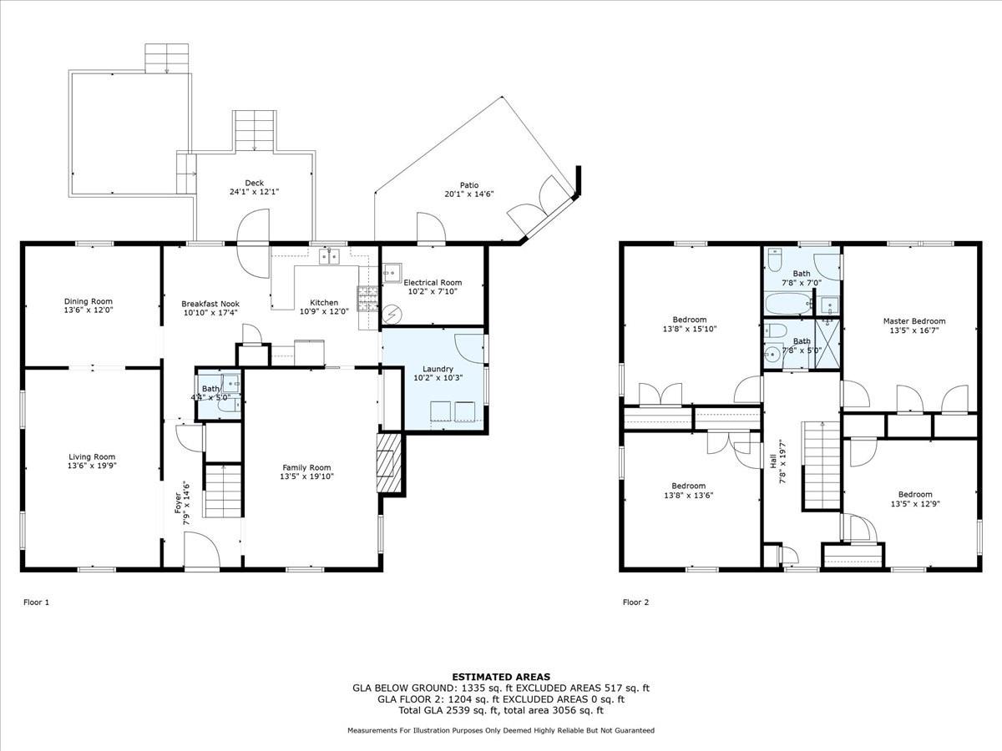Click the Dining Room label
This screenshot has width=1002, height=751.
click(89, 301)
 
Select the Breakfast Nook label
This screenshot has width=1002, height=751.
click(210, 303)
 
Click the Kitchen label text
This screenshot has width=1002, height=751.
click(324, 302)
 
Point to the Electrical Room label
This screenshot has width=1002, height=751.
click(433, 282)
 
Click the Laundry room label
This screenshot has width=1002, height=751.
click(438, 368)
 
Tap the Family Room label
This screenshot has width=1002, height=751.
click(306, 467)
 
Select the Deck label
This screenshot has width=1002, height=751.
click(254, 183)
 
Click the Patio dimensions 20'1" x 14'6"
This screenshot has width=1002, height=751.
click(468, 194)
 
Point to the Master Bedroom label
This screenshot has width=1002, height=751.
click(914, 320)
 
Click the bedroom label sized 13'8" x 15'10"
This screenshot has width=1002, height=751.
click(690, 329)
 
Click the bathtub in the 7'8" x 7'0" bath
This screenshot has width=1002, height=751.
click(788, 303)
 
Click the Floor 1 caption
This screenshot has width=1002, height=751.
click(37, 601)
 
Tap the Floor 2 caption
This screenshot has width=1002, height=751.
click(635, 601)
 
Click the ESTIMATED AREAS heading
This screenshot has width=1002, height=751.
click(501, 677)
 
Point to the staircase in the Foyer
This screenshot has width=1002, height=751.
click(223, 492)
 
